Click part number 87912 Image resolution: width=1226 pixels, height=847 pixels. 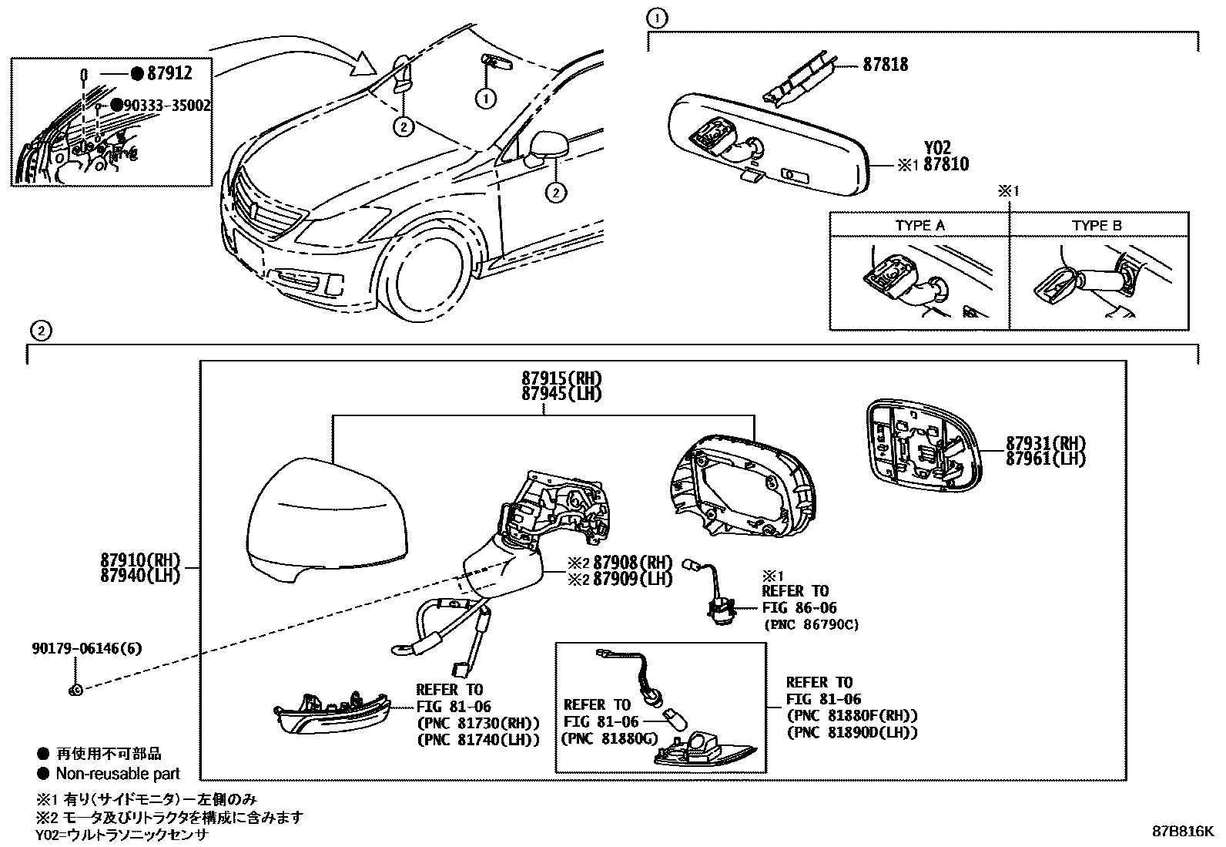tap(169, 73)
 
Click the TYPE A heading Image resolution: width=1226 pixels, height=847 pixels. tap(919, 226)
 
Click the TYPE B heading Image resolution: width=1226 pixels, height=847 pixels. tap(1097, 226)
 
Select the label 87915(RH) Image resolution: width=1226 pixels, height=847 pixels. tap(561, 379)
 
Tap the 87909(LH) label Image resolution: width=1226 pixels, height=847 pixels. tap(632, 578)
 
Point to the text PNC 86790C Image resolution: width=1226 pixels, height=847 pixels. tap(810, 625)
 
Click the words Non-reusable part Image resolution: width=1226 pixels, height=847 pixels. tap(118, 774)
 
